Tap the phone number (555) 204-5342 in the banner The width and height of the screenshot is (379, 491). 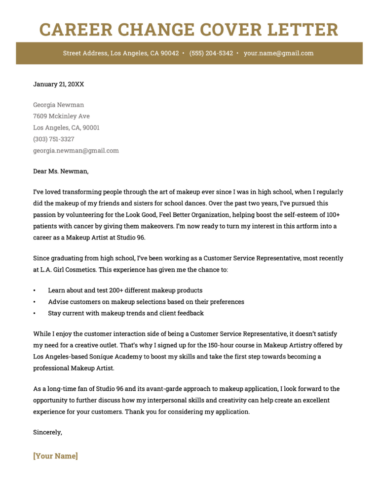(x=211, y=53)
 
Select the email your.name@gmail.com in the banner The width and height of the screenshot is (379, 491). (x=278, y=53)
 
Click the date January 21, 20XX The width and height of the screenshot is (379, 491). (x=59, y=84)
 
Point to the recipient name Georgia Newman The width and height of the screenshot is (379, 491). (x=59, y=105)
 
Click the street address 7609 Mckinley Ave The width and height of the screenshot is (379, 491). (x=62, y=116)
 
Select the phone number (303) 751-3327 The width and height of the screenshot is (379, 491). (x=54, y=139)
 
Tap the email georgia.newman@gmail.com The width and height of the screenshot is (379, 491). (x=76, y=151)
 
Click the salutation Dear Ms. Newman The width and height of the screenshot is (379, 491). (x=61, y=171)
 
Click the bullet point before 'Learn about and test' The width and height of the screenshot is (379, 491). (x=35, y=290)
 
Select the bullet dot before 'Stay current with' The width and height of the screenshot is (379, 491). (x=35, y=313)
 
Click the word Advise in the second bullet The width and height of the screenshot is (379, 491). (x=58, y=302)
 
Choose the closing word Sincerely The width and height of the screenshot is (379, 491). (x=47, y=432)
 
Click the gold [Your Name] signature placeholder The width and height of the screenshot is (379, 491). (x=55, y=456)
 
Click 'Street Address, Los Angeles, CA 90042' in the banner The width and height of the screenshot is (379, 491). (x=121, y=53)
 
